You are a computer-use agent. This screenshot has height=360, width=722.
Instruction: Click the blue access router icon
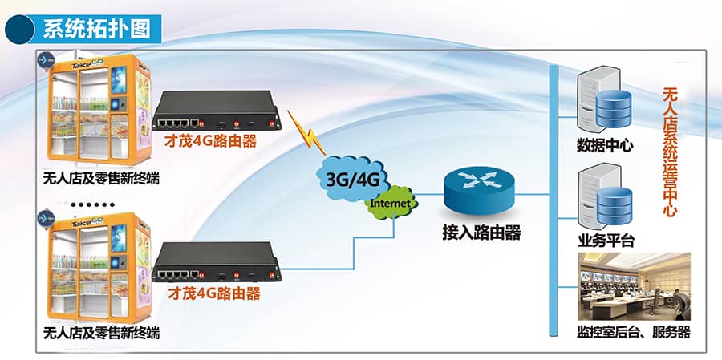[x=479, y=191]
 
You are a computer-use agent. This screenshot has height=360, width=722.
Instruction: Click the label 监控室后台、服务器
[x=634, y=331]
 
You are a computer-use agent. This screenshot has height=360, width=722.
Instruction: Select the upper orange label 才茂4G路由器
[x=211, y=142]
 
